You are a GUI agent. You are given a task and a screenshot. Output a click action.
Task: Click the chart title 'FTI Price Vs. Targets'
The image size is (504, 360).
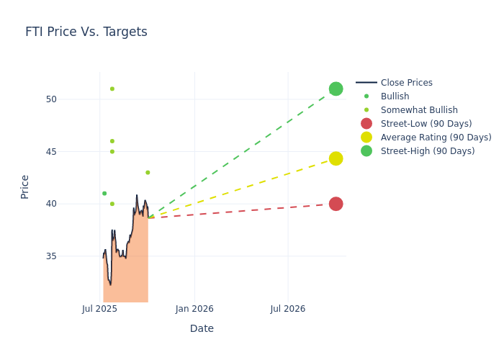(x=86, y=32)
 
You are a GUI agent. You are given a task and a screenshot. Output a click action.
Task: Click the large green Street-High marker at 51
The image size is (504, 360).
(x=336, y=89)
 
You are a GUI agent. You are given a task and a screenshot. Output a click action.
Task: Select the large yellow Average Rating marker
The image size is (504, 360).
(x=336, y=158)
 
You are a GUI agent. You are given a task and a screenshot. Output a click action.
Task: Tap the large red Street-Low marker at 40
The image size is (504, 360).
(x=336, y=204)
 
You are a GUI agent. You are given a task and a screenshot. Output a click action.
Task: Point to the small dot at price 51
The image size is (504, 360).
(x=112, y=89)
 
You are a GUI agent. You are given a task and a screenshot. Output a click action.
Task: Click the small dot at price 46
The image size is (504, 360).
(x=112, y=141)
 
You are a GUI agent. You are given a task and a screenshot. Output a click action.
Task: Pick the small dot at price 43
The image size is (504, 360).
(x=148, y=173)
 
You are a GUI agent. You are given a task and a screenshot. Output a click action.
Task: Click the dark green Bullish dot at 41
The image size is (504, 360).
(x=104, y=194)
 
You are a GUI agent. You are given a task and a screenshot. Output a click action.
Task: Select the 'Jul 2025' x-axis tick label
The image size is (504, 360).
(x=99, y=309)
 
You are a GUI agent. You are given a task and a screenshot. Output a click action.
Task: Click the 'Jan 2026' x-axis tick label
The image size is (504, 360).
(x=194, y=309)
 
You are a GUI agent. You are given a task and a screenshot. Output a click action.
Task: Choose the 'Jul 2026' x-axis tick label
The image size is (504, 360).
(x=288, y=309)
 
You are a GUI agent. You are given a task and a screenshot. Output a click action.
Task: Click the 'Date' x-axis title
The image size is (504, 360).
(x=202, y=328)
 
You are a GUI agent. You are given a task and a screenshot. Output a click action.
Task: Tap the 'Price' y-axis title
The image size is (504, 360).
(x=25, y=186)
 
